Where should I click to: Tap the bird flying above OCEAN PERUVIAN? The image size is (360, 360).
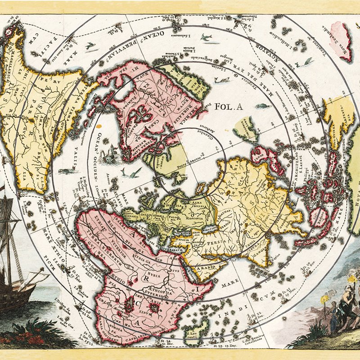206,37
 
